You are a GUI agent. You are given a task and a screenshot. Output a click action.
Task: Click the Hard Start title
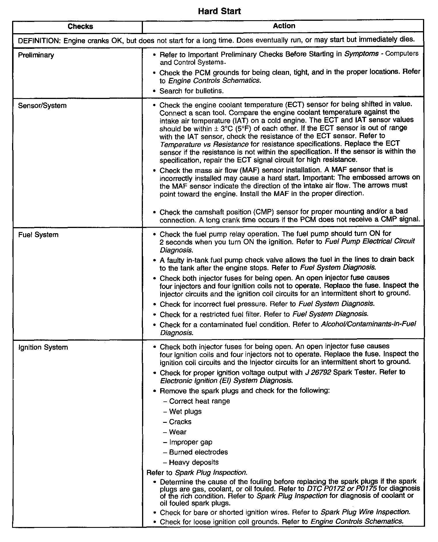point(219,11)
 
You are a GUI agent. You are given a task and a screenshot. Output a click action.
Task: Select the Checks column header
point(80,27)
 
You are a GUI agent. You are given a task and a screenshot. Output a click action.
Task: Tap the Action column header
point(284,26)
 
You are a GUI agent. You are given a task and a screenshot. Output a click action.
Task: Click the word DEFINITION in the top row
point(38,41)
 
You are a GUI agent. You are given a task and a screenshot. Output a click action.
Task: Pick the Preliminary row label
point(36,55)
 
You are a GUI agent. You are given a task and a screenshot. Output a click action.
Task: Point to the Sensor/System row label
point(42,106)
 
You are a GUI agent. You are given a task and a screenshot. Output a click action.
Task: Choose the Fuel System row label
point(38,235)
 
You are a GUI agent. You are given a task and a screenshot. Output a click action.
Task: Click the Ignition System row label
point(43,347)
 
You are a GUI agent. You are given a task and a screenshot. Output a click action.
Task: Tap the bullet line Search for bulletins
point(192,91)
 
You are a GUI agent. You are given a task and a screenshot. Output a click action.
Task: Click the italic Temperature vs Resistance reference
point(204,144)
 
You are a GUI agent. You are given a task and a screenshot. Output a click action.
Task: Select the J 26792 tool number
point(318,372)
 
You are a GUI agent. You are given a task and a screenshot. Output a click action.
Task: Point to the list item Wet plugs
point(185,412)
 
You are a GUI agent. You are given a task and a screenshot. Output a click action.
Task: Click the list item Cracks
point(180,422)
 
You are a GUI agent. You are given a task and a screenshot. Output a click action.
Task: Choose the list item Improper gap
point(191,442)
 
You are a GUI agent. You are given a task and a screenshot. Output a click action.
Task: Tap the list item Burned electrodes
point(199,452)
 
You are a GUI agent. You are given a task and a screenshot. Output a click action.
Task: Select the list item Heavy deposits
point(194,462)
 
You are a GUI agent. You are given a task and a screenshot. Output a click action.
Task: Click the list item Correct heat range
point(199,401)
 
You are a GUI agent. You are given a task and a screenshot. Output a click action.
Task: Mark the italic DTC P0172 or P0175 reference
point(342,489)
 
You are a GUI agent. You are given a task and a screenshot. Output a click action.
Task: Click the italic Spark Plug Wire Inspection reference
point(365,512)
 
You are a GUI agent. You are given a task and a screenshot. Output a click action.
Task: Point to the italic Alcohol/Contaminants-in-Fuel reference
point(369,324)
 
